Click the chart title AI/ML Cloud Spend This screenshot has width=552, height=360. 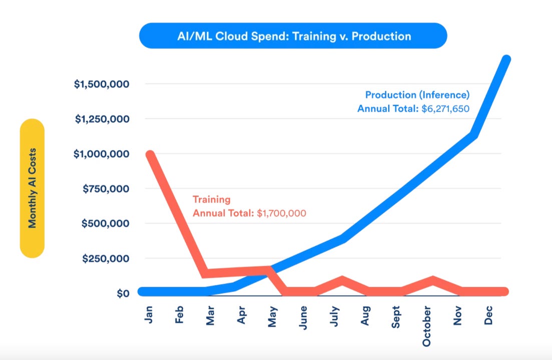293,36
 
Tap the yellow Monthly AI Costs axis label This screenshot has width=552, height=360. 32,188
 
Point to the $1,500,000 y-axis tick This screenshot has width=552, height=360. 102,84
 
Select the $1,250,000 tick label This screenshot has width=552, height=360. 102,119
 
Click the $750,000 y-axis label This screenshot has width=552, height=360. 105,188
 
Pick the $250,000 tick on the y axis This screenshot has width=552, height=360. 105,258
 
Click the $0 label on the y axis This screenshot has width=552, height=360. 123,293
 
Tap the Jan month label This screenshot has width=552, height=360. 149,313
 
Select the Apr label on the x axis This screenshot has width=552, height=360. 242,314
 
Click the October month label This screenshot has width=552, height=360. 427,324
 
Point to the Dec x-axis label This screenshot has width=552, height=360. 488,314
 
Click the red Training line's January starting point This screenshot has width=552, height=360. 149,154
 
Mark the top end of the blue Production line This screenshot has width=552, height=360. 506,59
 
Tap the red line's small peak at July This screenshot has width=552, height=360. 342,279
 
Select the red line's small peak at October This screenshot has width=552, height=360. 432,279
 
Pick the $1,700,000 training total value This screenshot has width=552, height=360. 281,213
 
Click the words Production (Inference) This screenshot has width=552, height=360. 417,94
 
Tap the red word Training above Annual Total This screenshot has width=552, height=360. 211,199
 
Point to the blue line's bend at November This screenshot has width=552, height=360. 472,134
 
